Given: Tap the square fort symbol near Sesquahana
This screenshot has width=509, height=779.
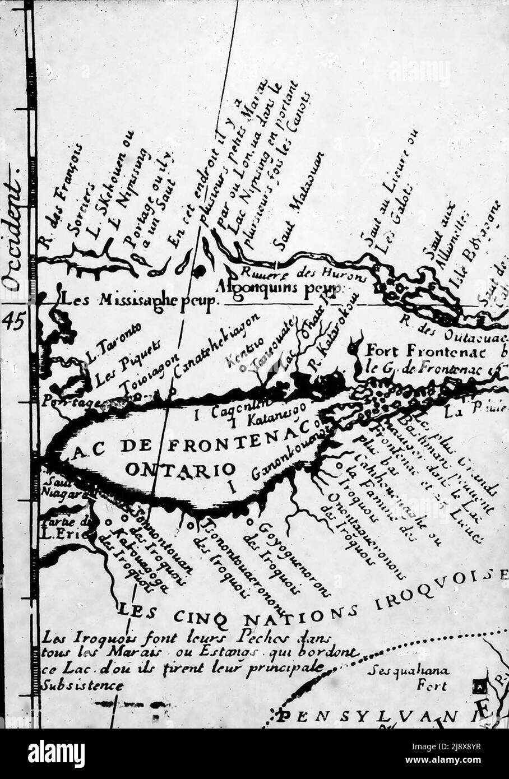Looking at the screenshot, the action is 479,684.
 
